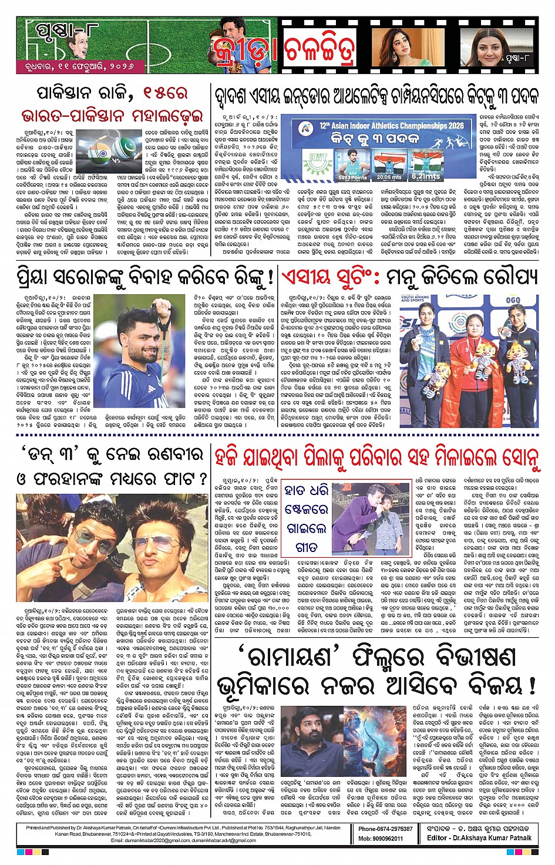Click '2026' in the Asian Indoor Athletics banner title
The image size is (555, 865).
pyautogui.click(x=449, y=125)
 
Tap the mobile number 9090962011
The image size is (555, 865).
pyautogui.click(x=381, y=838)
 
